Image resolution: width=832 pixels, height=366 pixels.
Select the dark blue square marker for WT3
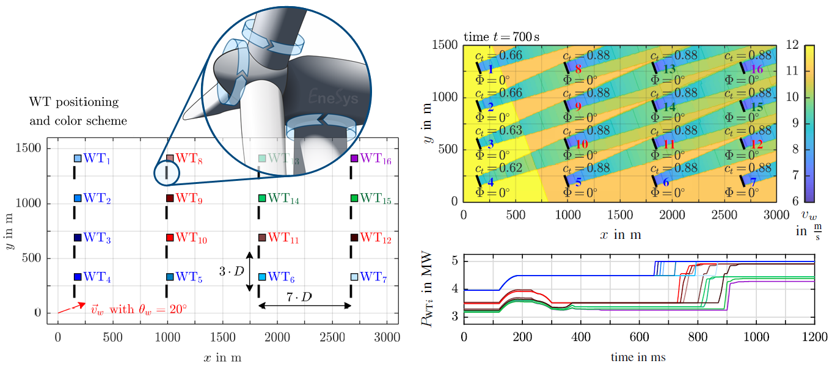click(78, 238)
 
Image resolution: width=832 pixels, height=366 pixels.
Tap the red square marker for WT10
click(170, 237)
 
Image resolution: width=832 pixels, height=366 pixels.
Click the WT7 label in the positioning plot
click(372, 277)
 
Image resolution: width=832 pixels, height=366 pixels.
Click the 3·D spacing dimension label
click(231, 269)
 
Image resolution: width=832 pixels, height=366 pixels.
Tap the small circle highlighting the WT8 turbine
click(167, 174)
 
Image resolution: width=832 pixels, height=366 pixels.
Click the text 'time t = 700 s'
click(501, 37)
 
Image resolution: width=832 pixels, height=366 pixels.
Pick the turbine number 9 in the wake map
click(578, 107)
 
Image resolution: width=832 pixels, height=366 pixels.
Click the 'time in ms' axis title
click(638, 357)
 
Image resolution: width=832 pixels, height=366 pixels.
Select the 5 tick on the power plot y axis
click(454, 262)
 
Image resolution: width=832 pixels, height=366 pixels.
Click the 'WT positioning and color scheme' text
click(78, 111)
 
